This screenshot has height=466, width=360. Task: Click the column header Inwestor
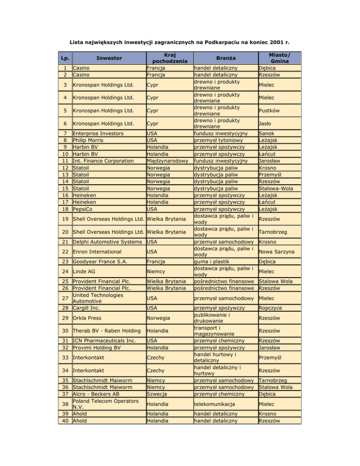coord(109,58)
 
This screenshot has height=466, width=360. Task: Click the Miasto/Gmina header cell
coord(279,58)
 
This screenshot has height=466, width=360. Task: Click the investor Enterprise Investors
coord(98,133)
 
